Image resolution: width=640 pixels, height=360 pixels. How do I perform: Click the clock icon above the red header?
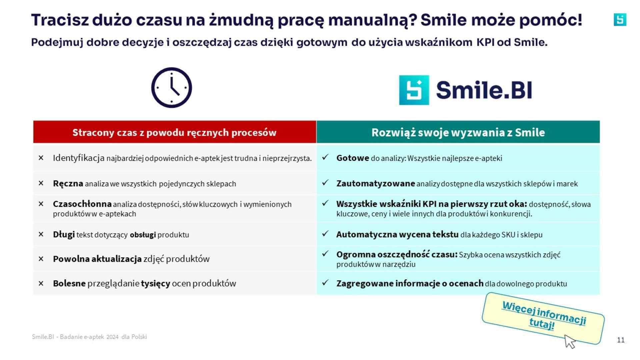point(172,88)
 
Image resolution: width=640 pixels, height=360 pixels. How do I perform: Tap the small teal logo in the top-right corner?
point(620,20)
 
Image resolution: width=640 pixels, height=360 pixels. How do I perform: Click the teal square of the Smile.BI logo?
point(414,90)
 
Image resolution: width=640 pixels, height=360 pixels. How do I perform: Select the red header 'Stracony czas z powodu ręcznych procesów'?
point(175,132)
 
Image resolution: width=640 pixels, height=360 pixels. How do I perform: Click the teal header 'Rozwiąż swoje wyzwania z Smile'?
point(458,132)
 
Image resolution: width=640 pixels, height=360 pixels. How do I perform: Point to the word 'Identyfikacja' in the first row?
point(79,158)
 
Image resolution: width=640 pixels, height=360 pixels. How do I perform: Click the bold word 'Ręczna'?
point(68,184)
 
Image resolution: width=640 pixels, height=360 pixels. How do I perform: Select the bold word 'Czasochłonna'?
point(82,204)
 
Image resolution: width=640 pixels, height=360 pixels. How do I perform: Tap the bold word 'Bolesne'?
point(69,283)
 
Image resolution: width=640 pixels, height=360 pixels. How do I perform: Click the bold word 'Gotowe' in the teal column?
point(353,158)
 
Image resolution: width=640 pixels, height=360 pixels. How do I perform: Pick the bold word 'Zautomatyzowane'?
point(376,184)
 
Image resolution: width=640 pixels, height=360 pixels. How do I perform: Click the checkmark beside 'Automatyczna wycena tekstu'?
point(325,234)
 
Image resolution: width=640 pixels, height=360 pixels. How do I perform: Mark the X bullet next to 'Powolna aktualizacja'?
point(41,259)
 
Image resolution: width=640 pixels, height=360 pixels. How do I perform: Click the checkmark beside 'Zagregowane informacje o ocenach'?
point(325,283)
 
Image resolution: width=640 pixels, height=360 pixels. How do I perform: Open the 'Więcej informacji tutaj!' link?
point(544,315)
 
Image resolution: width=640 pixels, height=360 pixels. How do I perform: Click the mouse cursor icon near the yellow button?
point(570,342)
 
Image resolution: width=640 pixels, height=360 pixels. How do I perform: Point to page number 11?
point(621,340)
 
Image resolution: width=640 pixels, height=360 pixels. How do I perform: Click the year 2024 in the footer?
point(113,337)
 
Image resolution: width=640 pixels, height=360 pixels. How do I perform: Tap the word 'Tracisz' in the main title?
point(60,20)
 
